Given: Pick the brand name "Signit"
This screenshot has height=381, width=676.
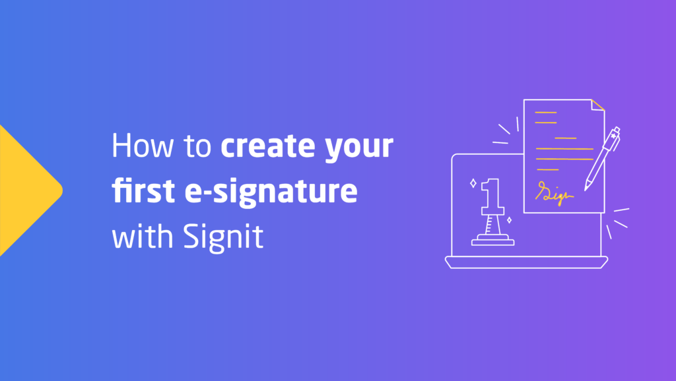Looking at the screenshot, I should click(x=226, y=237).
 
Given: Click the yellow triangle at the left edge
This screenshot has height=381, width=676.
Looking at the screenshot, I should click(x=26, y=190).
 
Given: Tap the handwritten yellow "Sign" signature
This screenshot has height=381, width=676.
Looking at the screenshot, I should click(x=555, y=193).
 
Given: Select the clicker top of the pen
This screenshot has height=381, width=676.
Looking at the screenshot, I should click(x=616, y=131).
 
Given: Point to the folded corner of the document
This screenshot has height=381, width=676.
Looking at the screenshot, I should click(x=597, y=105).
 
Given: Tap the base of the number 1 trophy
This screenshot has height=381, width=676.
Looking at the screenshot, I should click(x=492, y=241).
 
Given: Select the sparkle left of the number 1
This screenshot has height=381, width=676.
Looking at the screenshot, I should click(x=473, y=183).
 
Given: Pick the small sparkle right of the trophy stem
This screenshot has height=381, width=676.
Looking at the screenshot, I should click(x=508, y=220).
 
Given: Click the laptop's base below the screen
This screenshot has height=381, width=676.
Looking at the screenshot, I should click(x=526, y=262).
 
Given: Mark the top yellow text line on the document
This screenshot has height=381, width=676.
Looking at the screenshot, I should click(x=545, y=113).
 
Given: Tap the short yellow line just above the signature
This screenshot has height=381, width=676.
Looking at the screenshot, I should click(x=547, y=169).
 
